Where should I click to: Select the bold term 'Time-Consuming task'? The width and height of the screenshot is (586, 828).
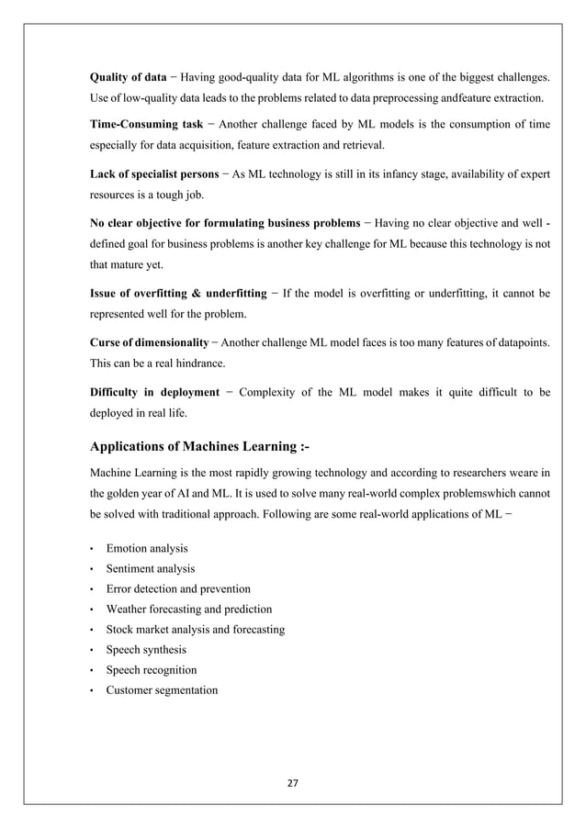146,124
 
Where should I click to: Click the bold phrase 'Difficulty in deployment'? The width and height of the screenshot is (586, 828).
154,392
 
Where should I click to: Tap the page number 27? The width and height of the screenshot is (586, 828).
293,782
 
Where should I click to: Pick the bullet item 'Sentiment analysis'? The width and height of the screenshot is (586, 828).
150,568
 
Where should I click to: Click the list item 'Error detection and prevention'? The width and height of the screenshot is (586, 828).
178,588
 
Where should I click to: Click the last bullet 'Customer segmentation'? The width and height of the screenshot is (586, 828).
162,689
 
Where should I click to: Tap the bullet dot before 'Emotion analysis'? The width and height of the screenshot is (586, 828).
92,549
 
